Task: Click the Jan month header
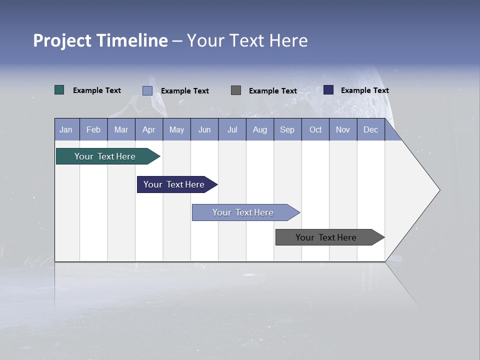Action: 66,129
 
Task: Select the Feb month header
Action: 93,129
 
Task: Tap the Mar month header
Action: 121,129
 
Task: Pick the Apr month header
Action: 149,129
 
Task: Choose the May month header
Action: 176,129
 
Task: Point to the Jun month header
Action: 204,129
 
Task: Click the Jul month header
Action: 232,129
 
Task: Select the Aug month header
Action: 260,129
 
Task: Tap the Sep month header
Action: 287,129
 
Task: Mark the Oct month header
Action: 315,129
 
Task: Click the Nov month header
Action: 343,129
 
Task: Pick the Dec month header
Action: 371,129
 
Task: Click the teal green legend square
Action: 59,90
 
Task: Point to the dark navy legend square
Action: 328,90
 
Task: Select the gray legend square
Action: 236,90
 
